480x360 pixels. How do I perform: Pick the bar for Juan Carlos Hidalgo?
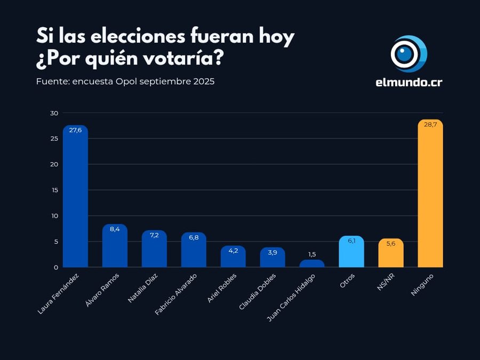pyautogui.click(x=312, y=263)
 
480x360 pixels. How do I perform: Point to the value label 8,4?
pyautogui.click(x=115, y=229)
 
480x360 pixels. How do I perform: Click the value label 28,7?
pyautogui.click(x=430, y=124)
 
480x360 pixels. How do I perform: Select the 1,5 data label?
pyautogui.click(x=312, y=254)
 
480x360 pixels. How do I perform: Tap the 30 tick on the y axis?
pyautogui.click(x=54, y=113)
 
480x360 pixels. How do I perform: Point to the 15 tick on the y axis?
pyautogui.click(x=54, y=190)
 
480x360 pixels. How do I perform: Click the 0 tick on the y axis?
pyautogui.click(x=55, y=267)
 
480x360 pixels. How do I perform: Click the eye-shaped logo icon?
pyautogui.click(x=409, y=54)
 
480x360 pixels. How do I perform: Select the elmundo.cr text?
pyautogui.click(x=409, y=83)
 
